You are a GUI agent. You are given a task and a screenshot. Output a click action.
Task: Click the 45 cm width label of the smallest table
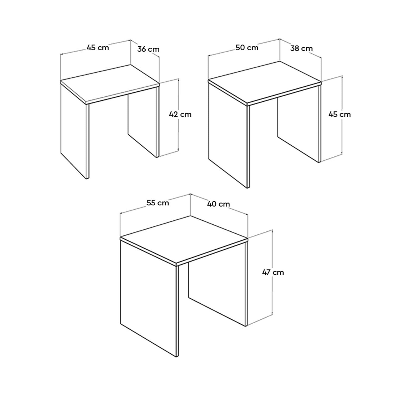click(98, 48)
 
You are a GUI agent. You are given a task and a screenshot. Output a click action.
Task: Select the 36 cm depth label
click(148, 49)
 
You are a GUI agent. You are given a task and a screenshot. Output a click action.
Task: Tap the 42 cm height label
click(180, 114)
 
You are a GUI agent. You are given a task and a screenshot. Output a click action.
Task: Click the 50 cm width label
click(247, 48)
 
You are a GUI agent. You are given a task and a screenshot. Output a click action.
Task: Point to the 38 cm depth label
click(301, 48)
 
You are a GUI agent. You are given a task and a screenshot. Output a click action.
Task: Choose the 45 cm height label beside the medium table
click(339, 114)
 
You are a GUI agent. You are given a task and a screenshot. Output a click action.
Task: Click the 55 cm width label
click(157, 203)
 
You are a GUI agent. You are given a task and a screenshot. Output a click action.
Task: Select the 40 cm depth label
click(219, 204)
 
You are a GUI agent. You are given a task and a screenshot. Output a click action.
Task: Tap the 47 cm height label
click(273, 272)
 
